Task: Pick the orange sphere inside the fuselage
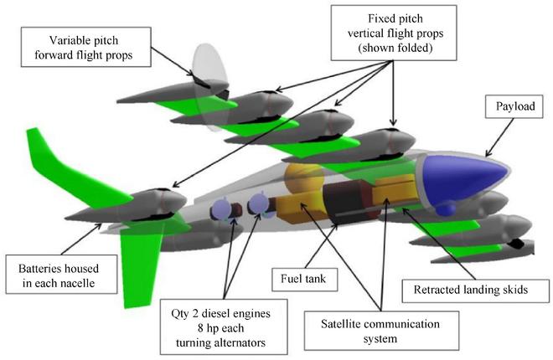tap(302, 180)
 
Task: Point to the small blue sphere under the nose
tap(447, 207)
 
